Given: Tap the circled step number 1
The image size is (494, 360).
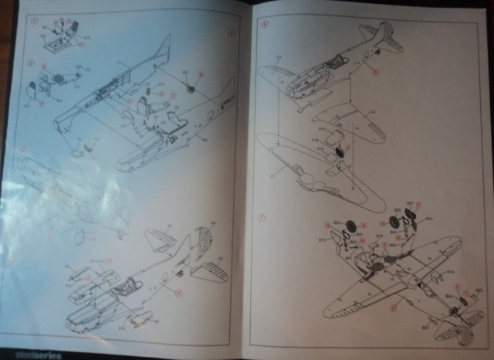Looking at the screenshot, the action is coord(32,22).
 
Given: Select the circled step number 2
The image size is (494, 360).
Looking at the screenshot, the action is coord(32,61).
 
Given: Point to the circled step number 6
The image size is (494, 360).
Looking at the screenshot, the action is coord(265,23).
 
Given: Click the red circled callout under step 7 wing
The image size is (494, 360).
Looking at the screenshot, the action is coord(392,307).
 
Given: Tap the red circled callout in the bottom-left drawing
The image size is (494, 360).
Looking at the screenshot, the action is coord(177,292).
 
